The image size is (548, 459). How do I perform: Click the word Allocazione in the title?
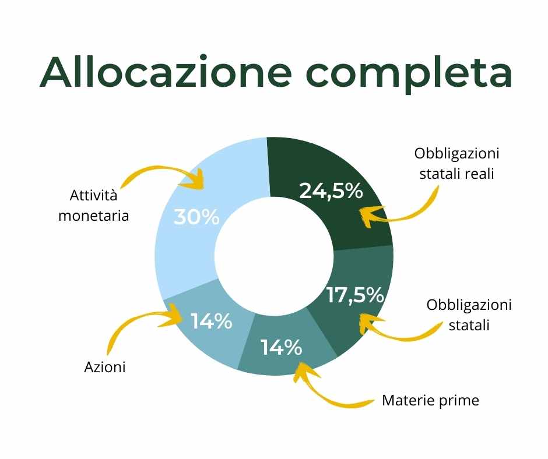(166, 72)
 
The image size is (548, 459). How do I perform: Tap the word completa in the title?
(409, 74)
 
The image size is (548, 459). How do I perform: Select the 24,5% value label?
(331, 191)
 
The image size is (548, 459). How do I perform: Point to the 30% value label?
(196, 217)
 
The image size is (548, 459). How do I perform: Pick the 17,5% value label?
(355, 295)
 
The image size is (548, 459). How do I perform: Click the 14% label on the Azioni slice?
(212, 321)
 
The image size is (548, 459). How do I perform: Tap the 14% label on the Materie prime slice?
(282, 347)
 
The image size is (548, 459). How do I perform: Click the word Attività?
(93, 195)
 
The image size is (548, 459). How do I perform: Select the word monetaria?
(94, 216)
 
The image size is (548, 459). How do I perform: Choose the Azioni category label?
(105, 367)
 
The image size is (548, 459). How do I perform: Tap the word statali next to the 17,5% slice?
(469, 325)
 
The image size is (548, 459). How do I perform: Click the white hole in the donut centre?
(274, 256)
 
